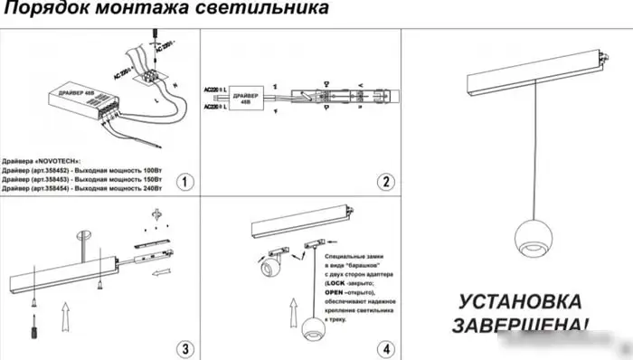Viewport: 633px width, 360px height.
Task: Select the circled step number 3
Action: click(x=184, y=348)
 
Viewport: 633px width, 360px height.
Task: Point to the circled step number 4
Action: click(x=385, y=348)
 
